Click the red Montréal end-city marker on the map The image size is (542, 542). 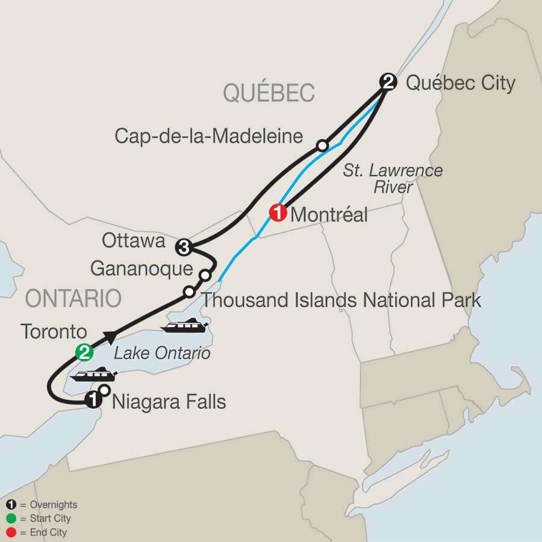[278, 213]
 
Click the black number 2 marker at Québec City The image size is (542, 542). [388, 82]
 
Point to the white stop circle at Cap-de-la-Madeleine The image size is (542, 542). [323, 145]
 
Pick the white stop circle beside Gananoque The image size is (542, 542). [205, 275]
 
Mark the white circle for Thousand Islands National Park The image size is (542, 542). [189, 291]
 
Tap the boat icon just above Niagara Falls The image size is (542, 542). [92, 376]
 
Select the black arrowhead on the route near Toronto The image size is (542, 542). [110, 335]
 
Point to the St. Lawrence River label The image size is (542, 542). [392, 179]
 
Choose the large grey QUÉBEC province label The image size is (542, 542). [269, 93]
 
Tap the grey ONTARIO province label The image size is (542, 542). [73, 299]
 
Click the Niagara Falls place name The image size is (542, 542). [169, 401]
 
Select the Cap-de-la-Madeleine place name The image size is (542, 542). [208, 136]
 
